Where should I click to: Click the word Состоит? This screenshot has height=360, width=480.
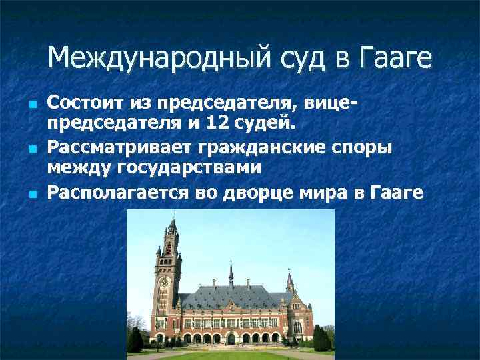(x=83, y=103)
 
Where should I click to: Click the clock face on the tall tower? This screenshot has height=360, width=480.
(x=165, y=281)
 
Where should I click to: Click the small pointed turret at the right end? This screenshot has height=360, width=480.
(x=290, y=283)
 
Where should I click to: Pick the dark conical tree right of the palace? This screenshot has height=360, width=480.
(x=322, y=340)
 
